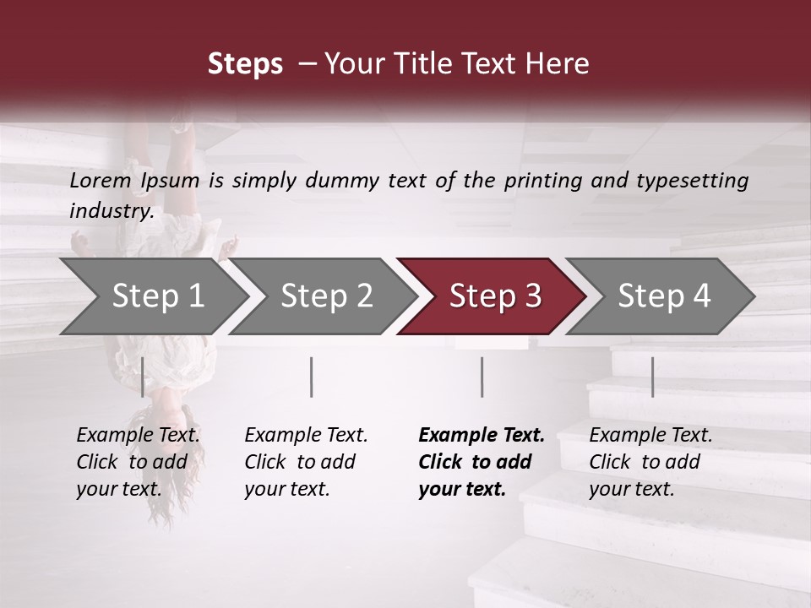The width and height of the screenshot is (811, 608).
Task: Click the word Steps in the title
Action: click(245, 64)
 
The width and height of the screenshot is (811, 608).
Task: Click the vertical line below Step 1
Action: click(142, 377)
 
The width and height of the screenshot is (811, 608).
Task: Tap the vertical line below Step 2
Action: click(312, 377)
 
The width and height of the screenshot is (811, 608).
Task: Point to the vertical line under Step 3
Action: click(482, 377)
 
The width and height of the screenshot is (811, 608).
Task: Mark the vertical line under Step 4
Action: click(652, 377)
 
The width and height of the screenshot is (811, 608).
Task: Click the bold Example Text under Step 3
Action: click(482, 436)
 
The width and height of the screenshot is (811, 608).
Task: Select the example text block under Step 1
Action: click(138, 462)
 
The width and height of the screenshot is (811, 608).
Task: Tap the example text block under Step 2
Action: click(306, 462)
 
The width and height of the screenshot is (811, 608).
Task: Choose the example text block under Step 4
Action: click(650, 462)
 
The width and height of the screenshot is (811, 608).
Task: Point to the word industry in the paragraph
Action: click(110, 211)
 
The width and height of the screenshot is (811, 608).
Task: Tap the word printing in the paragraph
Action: click(543, 181)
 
